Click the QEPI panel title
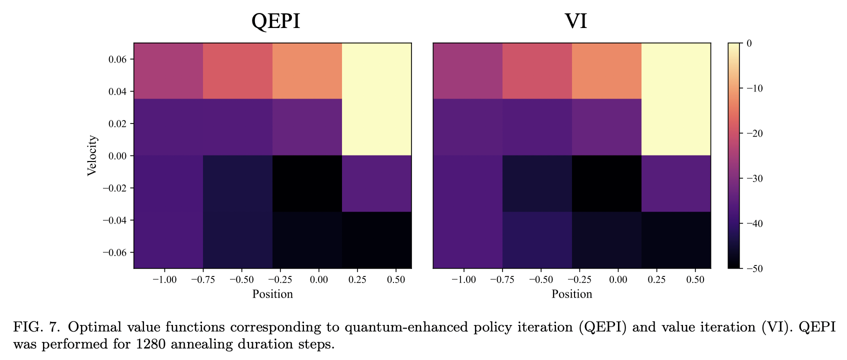[275, 21]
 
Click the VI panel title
[575, 21]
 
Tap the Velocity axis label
[92, 155]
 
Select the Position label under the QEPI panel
[272, 294]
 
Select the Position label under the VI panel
[571, 294]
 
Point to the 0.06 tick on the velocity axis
[117, 59]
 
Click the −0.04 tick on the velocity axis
[114, 220]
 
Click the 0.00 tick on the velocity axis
[117, 156]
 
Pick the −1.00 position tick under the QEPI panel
[164, 279]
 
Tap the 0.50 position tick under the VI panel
[695, 279]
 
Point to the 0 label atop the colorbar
[749, 43]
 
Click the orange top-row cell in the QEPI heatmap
[307, 71]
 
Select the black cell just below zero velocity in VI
[606, 183]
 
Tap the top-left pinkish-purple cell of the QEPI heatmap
[168, 71]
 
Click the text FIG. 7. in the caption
[36, 327]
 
